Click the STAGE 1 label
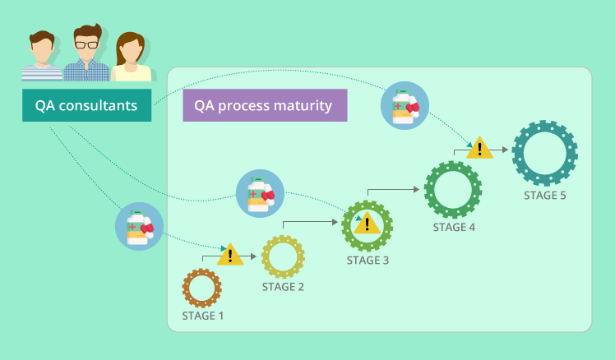click(x=203, y=316)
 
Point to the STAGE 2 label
click(x=283, y=287)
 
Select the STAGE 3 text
click(x=368, y=261)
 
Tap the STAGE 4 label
click(x=454, y=228)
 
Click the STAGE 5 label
click(x=545, y=196)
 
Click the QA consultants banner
click(x=86, y=105)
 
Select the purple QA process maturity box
click(x=265, y=105)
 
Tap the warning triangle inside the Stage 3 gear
click(x=368, y=224)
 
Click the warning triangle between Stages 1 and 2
click(x=230, y=256)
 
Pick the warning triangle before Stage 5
click(x=479, y=149)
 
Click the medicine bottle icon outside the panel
click(x=139, y=227)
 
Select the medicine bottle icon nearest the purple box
click(x=405, y=105)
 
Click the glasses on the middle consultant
click(x=86, y=44)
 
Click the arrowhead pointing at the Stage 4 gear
click(x=417, y=189)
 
